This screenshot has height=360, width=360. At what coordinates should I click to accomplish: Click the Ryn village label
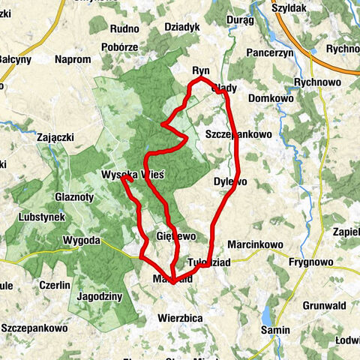(200, 70)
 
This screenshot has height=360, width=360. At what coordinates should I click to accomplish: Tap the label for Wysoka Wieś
(132, 174)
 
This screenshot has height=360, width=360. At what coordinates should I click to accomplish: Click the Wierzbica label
(180, 317)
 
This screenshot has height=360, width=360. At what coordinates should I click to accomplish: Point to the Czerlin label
(56, 285)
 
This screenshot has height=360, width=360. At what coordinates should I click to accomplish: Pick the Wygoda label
(82, 240)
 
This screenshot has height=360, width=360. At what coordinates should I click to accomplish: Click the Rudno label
(125, 29)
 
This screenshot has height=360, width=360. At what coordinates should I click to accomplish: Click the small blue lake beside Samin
(268, 313)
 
